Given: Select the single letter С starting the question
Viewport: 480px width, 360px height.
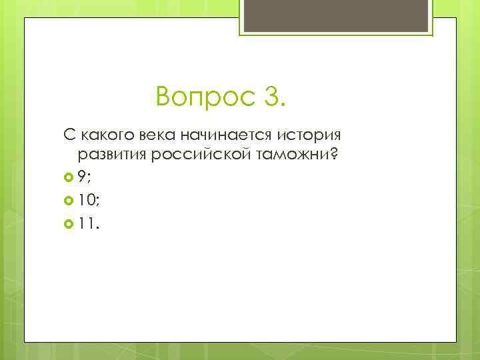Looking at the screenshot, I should pyautogui.click(x=68, y=136).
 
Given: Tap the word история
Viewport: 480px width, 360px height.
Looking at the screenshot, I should pyautogui.click(x=307, y=136).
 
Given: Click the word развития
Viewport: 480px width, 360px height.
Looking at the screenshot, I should pyautogui.click(x=111, y=155).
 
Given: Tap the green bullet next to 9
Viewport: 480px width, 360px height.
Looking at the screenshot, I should pyautogui.click(x=68, y=177).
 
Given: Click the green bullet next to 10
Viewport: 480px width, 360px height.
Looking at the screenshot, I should pyautogui.click(x=68, y=201).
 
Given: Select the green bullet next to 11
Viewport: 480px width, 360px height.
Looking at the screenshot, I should pyautogui.click(x=68, y=225).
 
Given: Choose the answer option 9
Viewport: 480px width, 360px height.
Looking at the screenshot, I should pyautogui.click(x=81, y=177).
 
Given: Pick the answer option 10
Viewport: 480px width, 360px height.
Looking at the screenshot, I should pyautogui.click(x=85, y=201).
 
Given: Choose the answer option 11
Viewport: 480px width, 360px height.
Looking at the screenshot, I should pyautogui.click(x=85, y=225).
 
